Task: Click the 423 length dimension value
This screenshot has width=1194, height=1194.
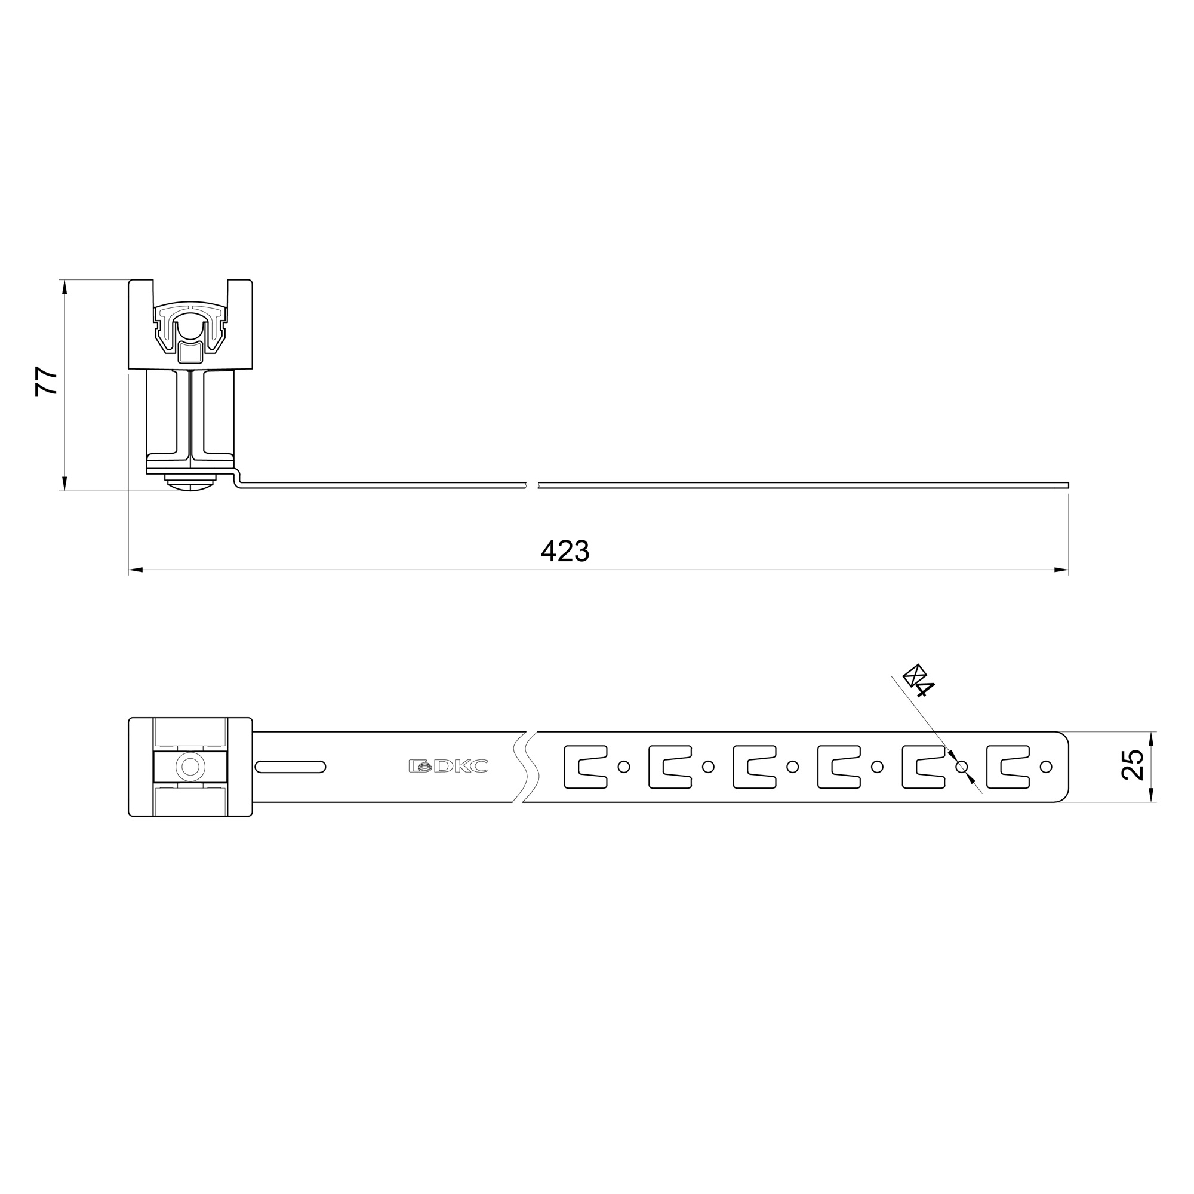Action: coord(565,550)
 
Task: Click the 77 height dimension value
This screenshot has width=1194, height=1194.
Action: coord(47,381)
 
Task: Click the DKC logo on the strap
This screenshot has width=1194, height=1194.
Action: coord(448,767)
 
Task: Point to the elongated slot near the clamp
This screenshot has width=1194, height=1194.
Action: coord(291,767)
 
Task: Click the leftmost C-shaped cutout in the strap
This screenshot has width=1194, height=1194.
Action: coord(585,767)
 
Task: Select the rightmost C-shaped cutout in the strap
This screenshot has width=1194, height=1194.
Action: coord(1008,767)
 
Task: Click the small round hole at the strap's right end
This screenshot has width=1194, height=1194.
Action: coord(1047,767)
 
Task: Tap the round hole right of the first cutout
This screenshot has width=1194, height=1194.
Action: coord(624,767)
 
